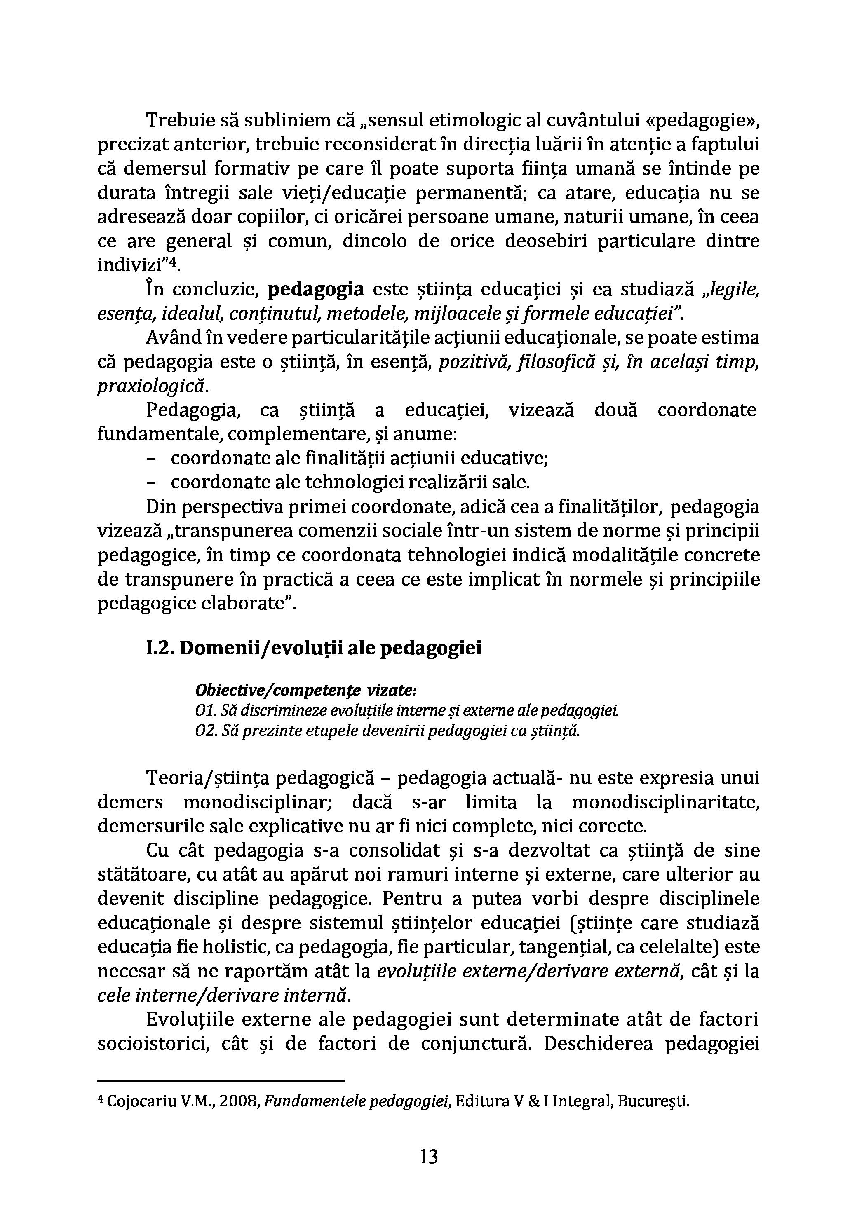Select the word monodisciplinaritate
click(x=665, y=802)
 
